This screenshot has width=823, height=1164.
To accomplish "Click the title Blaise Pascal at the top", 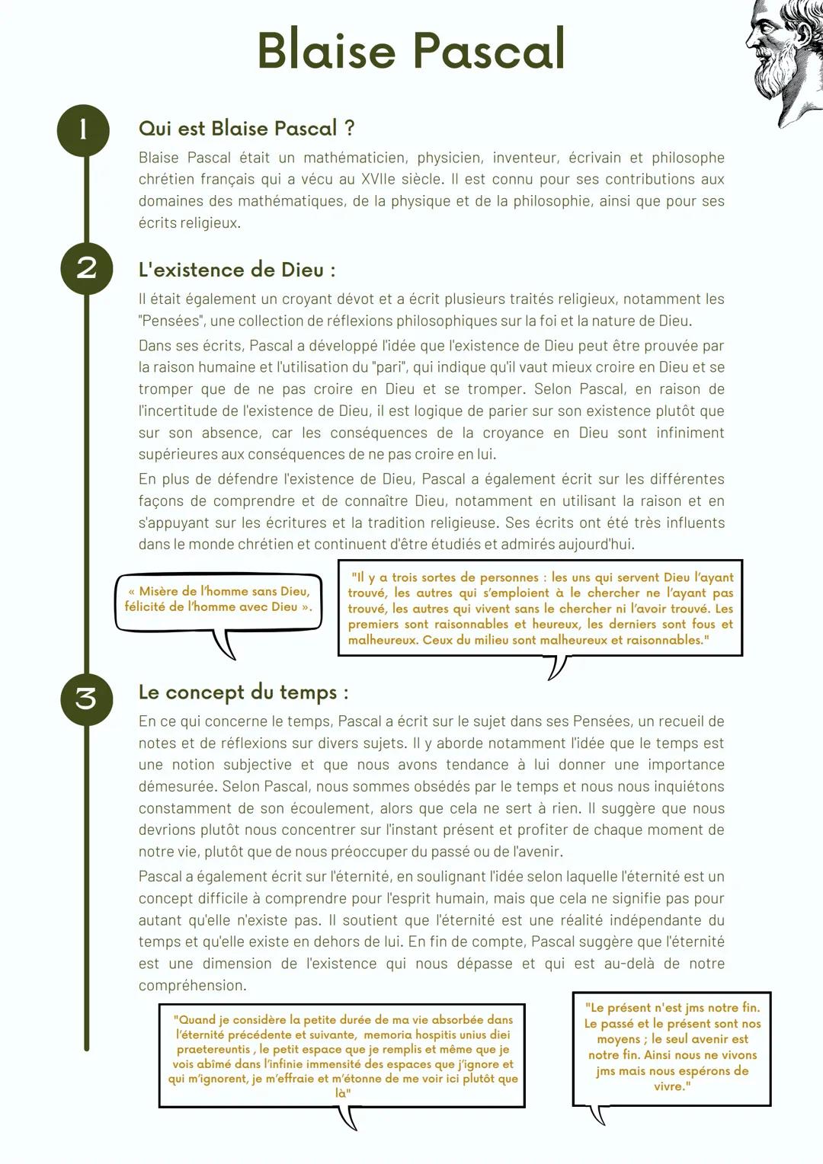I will pyautogui.click(x=411, y=50).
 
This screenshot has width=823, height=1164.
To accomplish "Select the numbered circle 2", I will pyautogui.click(x=86, y=268).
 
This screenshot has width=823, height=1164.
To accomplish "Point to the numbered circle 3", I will pyautogui.click(x=86, y=698).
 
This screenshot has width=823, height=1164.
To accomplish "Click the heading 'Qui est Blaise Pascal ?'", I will pyautogui.click(x=246, y=128).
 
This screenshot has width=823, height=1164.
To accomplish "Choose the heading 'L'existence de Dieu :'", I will pyautogui.click(x=236, y=270).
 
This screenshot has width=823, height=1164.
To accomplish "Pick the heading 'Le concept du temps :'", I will pyautogui.click(x=243, y=692).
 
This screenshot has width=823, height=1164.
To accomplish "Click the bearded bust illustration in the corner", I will pyautogui.click(x=785, y=57).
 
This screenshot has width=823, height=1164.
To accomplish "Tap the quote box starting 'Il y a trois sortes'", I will pyautogui.click(x=540, y=609).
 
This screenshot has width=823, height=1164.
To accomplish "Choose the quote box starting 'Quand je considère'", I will pyautogui.click(x=342, y=1056).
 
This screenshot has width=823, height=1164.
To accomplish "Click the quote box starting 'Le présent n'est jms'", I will pyautogui.click(x=671, y=1047).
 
